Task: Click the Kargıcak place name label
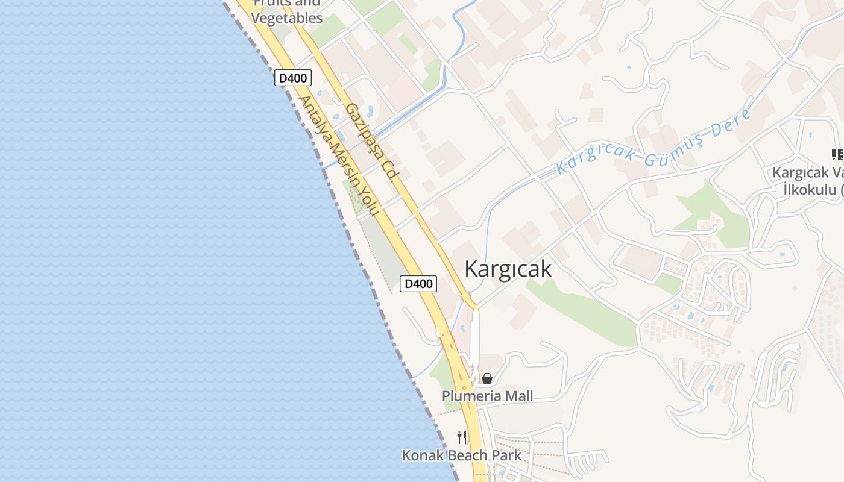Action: pos(508,269)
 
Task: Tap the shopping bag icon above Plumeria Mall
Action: pos(487,378)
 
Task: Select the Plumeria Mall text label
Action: pos(487,396)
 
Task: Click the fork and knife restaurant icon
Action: pos(462,437)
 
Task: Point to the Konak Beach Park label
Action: pos(462,455)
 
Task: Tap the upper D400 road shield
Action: pos(293,78)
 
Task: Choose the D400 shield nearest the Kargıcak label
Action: pos(418,283)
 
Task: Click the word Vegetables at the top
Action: pos(287,18)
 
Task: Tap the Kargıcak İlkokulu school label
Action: pos(808,181)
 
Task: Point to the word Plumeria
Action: pos(471,396)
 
